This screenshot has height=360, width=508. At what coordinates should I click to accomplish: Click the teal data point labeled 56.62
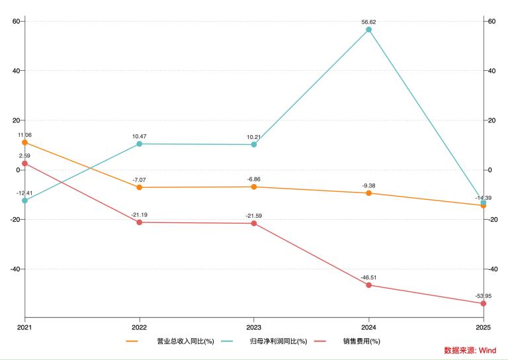(x=368, y=30)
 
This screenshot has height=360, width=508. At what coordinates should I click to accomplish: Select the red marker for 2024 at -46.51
(x=368, y=285)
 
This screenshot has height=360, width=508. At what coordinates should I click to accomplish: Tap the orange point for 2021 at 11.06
(x=24, y=142)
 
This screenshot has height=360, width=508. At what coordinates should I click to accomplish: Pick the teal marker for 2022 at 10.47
(x=139, y=144)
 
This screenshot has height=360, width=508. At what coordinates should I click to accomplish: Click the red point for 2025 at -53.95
(x=484, y=304)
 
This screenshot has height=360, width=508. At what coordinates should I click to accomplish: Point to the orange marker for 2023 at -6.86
(x=254, y=187)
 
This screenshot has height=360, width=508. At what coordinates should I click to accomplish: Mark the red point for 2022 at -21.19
(x=139, y=222)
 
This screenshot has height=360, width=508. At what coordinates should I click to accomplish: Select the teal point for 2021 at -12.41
(x=24, y=201)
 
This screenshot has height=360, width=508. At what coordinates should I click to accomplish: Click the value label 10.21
(x=254, y=137)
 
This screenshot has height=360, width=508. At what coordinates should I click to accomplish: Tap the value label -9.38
(x=368, y=185)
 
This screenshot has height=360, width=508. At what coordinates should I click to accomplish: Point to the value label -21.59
(x=254, y=216)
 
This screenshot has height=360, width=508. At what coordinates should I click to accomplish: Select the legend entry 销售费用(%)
(x=361, y=341)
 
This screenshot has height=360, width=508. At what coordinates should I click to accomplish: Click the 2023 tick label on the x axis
(x=254, y=327)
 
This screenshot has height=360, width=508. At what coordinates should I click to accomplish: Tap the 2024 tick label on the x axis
(x=368, y=327)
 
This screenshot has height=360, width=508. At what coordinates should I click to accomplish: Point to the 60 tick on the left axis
(x=17, y=21)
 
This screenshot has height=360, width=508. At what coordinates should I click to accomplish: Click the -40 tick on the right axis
(x=493, y=269)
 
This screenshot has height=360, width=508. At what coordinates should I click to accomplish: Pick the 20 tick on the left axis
(x=17, y=120)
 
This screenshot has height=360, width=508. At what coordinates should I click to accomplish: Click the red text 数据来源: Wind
(x=470, y=351)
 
